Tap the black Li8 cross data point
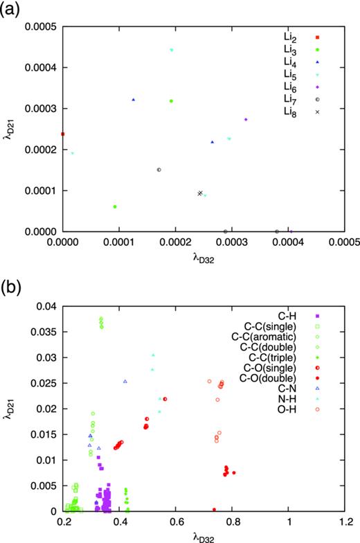point(200,193)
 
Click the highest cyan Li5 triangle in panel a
point(171,50)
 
